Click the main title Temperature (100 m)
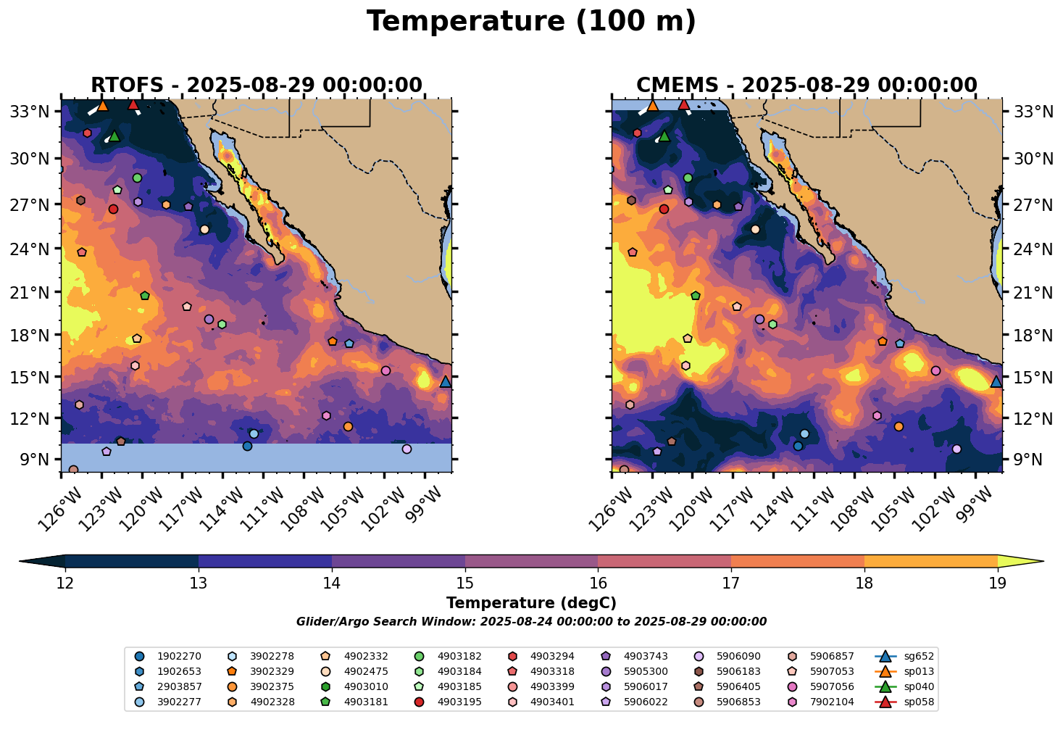(531, 22)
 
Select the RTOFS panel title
(256, 86)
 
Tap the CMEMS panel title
(806, 86)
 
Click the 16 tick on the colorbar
(598, 584)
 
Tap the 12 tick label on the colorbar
(65, 584)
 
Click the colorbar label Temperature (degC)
(531, 603)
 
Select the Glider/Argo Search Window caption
(531, 622)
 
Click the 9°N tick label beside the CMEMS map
(1030, 460)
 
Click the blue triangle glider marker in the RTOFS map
(446, 381)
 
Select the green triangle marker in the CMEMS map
(664, 136)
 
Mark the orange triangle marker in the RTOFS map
(102, 105)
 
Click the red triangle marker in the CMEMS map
(683, 104)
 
